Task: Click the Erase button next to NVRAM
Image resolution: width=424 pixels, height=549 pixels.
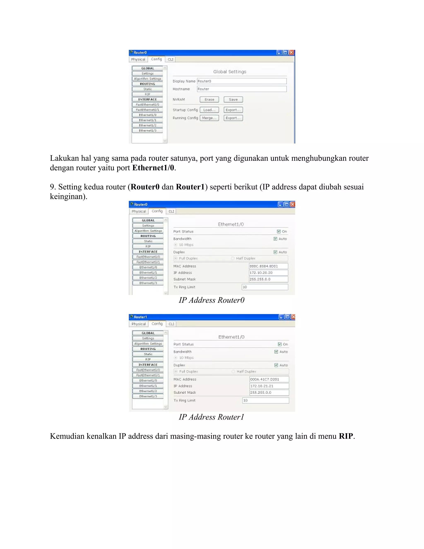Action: pos(209,99)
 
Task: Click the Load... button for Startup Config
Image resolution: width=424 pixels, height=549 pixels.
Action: pos(209,110)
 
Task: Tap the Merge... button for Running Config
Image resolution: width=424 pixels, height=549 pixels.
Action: pos(209,118)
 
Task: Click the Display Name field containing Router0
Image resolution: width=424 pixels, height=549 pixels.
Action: pos(242,81)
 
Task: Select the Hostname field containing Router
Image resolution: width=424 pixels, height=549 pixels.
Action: pos(242,89)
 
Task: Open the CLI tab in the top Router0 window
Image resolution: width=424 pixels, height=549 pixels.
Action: pos(171,59)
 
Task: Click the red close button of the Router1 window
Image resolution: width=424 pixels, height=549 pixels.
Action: pos(293,317)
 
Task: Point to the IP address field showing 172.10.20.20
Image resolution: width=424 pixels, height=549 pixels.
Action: pos(268,273)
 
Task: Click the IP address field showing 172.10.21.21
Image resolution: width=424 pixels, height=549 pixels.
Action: pos(269,386)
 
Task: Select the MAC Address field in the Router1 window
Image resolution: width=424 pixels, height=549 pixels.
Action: pos(269,379)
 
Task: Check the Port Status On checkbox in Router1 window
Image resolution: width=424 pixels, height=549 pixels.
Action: pos(279,344)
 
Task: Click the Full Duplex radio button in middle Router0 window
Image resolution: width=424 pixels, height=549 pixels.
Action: pos(176,258)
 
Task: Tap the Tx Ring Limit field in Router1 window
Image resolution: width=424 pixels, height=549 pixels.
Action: pos(265,400)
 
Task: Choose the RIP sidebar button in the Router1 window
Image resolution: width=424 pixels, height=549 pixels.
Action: pos(148,359)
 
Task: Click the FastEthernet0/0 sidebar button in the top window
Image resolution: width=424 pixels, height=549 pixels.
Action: pos(147,105)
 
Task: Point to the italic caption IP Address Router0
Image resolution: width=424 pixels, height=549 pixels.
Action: pos(212,300)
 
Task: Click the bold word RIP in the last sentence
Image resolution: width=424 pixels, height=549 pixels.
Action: pos(346,436)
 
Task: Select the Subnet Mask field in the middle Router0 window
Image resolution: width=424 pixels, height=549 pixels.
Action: pos(268,279)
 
